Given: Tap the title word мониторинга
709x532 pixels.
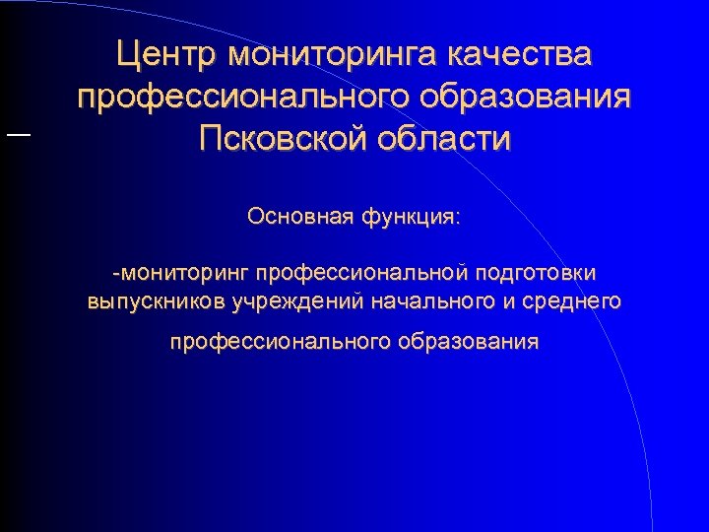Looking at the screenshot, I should point(330,54).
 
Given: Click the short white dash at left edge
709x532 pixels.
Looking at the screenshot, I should point(18,135).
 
